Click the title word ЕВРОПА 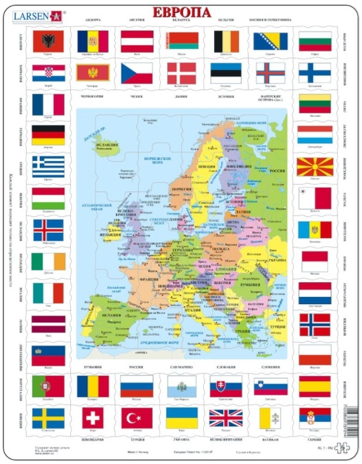181,12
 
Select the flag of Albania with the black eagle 48,42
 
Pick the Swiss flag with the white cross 92,419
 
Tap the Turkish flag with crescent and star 136,419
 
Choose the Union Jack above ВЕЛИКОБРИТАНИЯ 226,419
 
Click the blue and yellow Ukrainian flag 182,418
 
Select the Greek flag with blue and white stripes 48,165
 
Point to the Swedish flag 48,419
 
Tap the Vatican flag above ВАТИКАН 270,419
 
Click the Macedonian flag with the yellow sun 314,167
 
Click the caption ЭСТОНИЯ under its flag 226,97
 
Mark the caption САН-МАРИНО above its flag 182,369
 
